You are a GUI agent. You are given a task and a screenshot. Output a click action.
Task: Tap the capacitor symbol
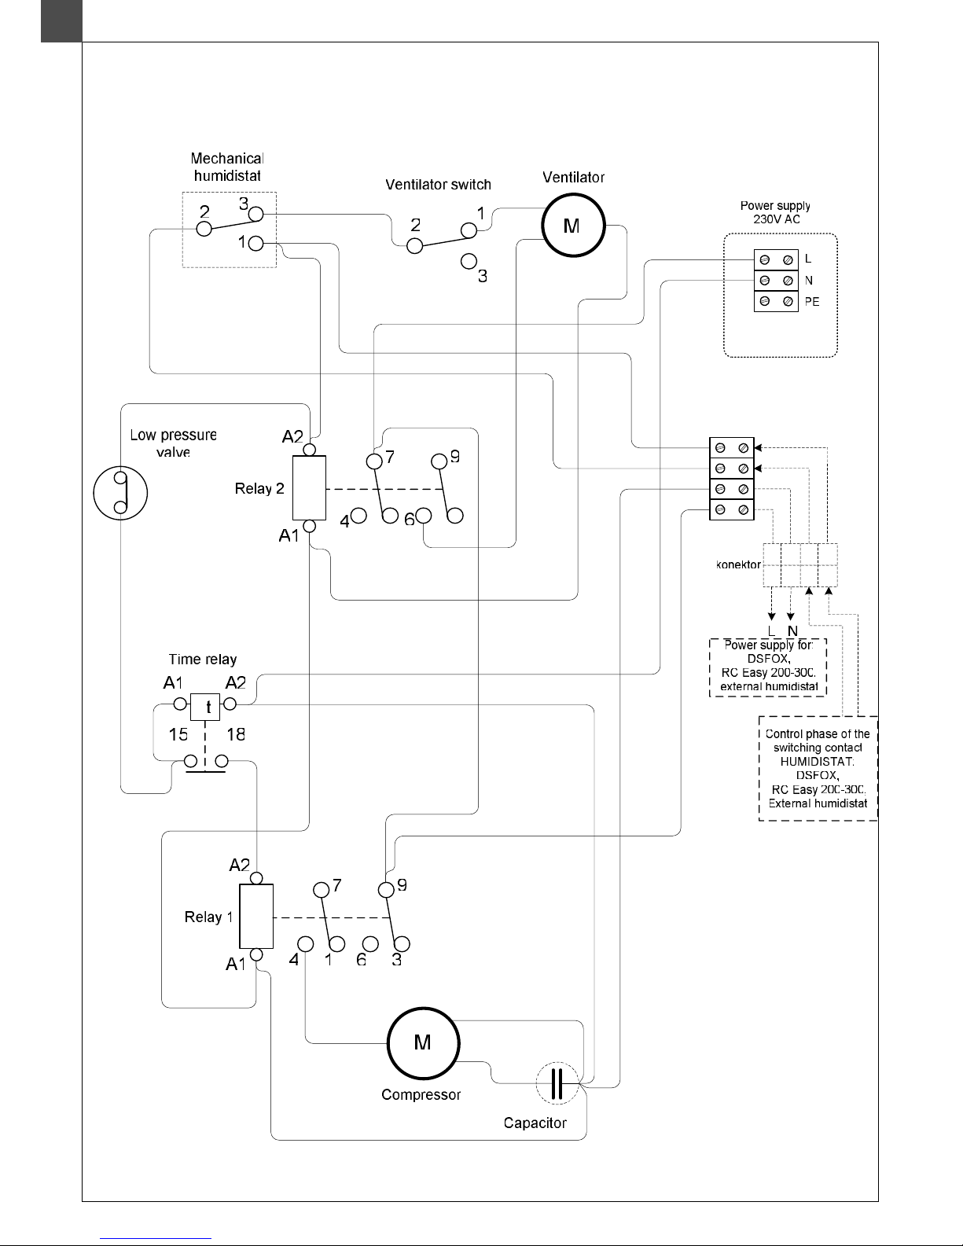click(x=557, y=1082)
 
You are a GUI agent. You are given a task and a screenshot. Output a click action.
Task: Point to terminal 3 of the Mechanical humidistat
click(x=255, y=214)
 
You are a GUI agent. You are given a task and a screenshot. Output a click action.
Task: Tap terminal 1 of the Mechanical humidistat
click(x=255, y=243)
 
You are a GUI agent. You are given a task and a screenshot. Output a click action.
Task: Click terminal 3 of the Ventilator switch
click(x=469, y=261)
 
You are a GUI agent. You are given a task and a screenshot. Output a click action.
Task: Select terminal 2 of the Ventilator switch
click(x=414, y=246)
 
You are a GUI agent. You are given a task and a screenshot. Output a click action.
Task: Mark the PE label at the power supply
click(x=811, y=302)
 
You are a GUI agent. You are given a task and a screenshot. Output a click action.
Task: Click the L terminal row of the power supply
click(x=776, y=259)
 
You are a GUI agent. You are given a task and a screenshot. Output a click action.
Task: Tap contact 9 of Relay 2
click(x=439, y=461)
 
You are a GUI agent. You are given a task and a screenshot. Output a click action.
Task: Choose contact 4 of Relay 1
click(x=306, y=944)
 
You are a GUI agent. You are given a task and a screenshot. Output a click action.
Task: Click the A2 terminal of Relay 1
click(x=256, y=878)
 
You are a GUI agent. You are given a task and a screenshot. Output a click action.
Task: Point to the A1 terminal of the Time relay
click(x=180, y=704)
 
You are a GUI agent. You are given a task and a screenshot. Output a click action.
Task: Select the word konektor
click(x=738, y=564)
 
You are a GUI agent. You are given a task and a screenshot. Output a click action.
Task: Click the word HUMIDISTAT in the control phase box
click(x=817, y=762)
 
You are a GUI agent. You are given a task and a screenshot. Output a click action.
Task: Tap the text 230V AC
click(x=776, y=219)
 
